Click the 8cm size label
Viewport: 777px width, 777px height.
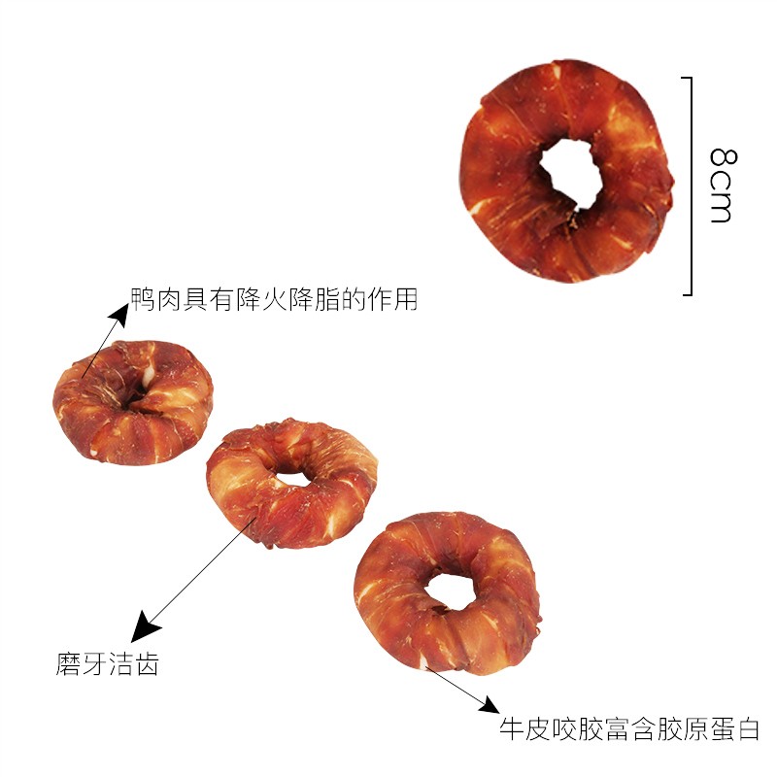tap(723, 185)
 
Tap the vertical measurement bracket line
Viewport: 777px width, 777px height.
tap(691, 186)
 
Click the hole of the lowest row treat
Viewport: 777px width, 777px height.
tap(450, 592)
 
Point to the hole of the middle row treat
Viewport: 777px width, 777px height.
tap(292, 479)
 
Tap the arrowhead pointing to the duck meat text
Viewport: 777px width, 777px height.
tap(119, 314)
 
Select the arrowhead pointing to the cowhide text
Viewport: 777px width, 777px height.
tap(490, 705)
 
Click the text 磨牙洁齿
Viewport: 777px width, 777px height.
tap(107, 664)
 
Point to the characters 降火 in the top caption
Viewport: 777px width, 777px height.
tap(261, 299)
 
